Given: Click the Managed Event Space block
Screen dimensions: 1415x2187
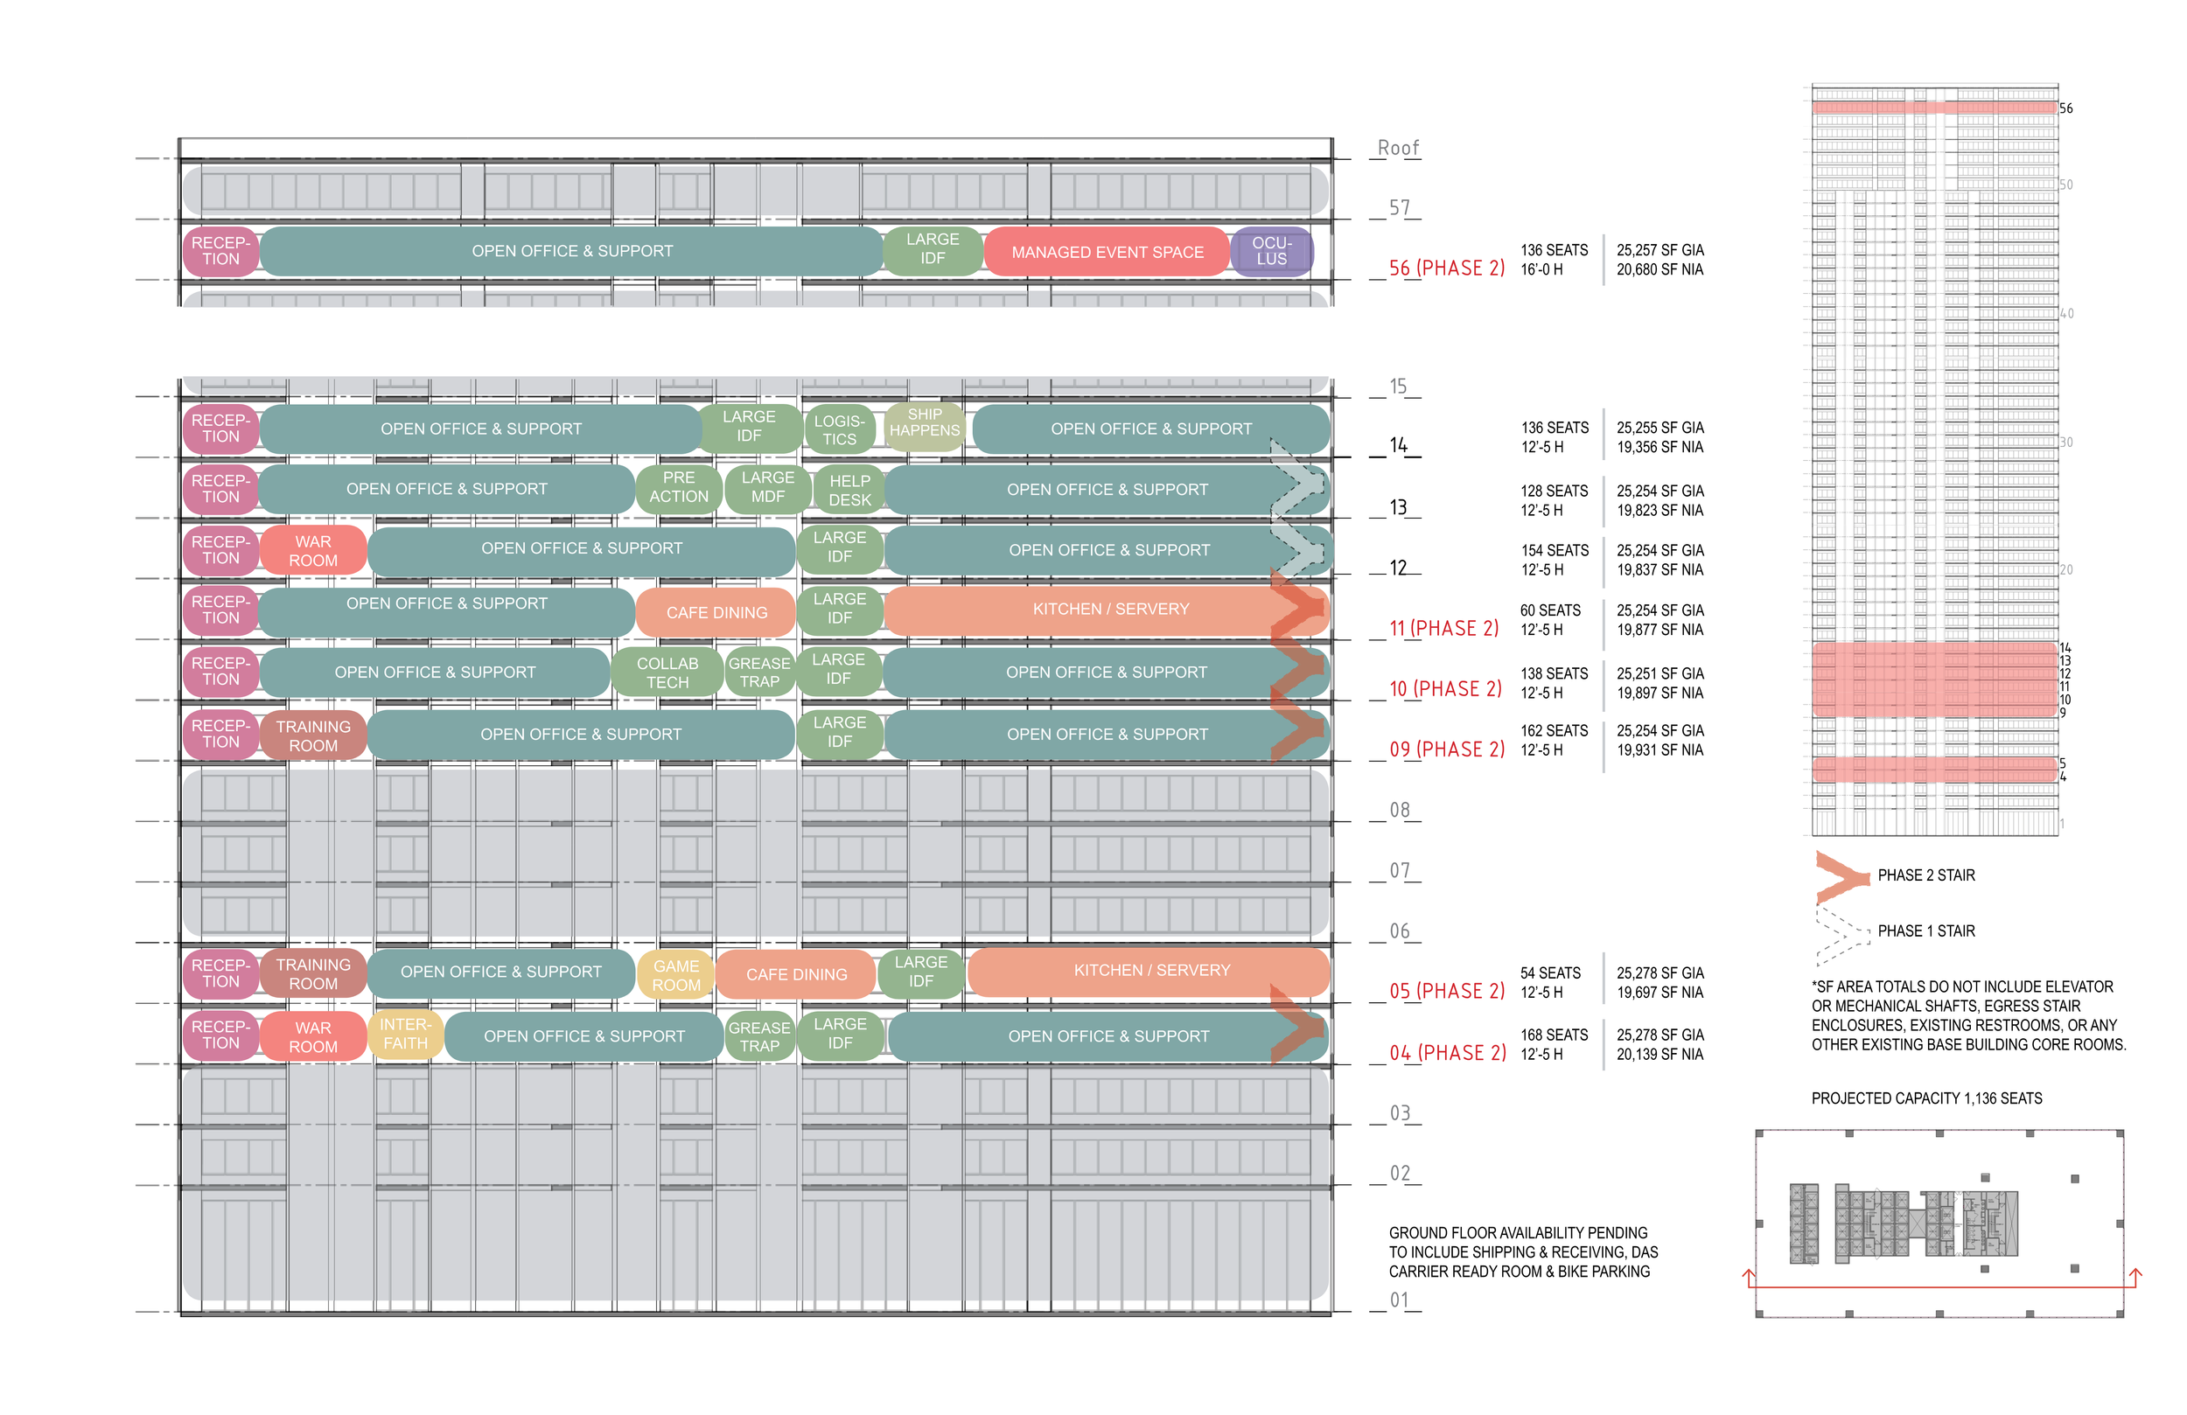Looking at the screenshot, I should [x=1107, y=252].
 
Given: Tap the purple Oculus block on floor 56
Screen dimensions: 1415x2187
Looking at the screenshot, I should [x=1272, y=251].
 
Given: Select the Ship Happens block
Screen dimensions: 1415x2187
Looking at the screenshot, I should [x=925, y=423].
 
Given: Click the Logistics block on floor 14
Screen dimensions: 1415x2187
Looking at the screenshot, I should [x=839, y=430].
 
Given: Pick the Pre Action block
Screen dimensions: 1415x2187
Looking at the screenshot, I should [x=679, y=487].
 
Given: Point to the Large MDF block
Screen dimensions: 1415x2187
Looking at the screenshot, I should [x=768, y=487].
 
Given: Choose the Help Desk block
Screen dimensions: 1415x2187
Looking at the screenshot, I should [x=850, y=490].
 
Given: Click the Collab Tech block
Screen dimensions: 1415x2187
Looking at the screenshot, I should [x=668, y=673].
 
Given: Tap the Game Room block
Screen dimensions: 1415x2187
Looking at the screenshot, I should [x=676, y=975].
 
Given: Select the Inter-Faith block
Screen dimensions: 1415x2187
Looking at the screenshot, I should [x=405, y=1034].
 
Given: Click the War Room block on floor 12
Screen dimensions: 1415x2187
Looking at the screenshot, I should [x=313, y=550].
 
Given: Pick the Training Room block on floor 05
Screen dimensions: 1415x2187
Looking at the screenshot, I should [x=313, y=974].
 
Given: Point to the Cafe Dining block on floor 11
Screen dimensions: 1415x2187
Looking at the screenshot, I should [x=716, y=613].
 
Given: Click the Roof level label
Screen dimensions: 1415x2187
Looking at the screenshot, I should [x=1398, y=148].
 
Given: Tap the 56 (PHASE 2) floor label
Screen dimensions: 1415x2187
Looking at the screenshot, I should [x=1446, y=268].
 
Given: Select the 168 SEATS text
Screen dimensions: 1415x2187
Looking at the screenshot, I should [x=1554, y=1035].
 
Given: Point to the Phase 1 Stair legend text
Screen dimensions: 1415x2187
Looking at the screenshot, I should [x=1926, y=931].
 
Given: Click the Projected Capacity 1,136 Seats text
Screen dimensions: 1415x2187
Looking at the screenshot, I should [x=1926, y=1099].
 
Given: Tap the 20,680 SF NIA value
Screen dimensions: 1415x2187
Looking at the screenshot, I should [x=1659, y=270].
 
